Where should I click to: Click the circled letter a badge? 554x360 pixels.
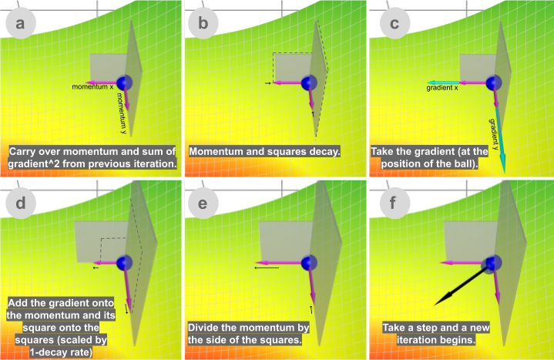click(x=21, y=23)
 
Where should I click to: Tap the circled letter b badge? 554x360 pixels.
click(x=203, y=23)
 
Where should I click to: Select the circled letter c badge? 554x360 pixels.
click(x=395, y=23)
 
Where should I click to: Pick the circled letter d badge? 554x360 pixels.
click(x=21, y=204)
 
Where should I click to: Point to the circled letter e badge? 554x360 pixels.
click(x=203, y=204)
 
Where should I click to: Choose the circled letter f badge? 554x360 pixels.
click(x=395, y=204)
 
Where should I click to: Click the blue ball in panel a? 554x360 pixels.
click(x=124, y=82)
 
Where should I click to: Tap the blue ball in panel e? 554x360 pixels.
click(x=309, y=263)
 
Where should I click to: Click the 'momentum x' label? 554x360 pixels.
click(x=92, y=87)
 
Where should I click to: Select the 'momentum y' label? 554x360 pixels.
click(x=122, y=113)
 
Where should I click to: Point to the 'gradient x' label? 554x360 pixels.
click(x=442, y=88)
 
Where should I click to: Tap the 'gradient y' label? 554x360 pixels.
click(x=495, y=134)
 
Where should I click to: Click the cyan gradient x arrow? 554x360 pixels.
click(x=443, y=82)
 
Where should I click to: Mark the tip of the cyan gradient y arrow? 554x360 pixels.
click(x=504, y=173)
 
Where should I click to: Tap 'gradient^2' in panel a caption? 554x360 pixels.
click(x=29, y=164)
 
